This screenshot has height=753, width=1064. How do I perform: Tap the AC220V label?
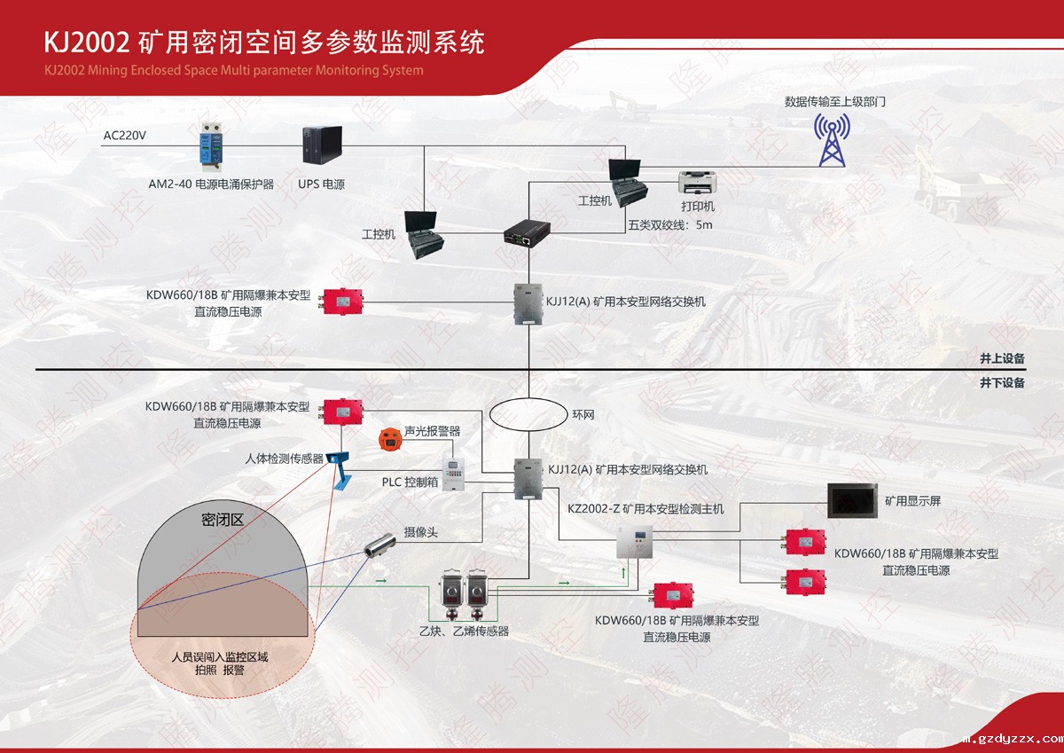click(124, 136)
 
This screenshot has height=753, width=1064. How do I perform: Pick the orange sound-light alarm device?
click(388, 436)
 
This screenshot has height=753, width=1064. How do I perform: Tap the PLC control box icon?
click(453, 474)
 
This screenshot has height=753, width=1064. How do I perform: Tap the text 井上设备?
click(1002, 359)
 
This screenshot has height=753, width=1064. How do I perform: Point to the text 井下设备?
click(1002, 383)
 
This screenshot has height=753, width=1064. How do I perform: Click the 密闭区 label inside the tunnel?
click(223, 521)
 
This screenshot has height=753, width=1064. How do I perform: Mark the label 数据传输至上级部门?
click(834, 102)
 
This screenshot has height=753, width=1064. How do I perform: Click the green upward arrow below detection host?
click(622, 573)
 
